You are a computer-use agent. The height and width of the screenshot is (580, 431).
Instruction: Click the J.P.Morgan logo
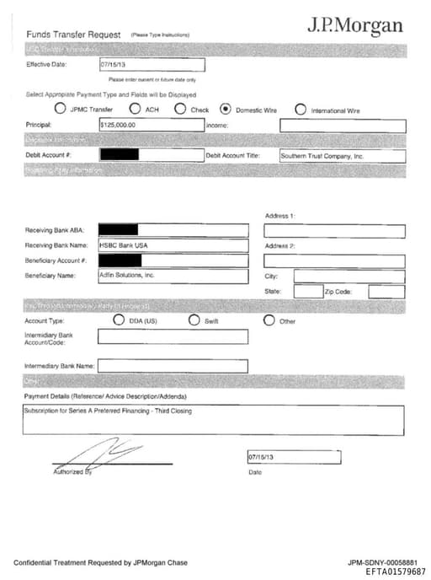[354, 26]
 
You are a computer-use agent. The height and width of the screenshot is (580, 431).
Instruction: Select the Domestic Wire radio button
[226, 109]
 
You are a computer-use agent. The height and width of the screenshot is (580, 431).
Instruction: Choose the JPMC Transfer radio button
[60, 109]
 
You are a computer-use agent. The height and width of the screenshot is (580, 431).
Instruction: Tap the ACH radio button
[135, 109]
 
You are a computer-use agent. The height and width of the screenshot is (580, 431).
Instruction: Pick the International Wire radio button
[301, 109]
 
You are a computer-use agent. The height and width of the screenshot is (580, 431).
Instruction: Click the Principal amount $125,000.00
[118, 125]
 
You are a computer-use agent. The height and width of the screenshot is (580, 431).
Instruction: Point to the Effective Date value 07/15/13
[113, 64]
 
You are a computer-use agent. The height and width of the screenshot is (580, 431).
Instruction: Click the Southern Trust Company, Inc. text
[322, 156]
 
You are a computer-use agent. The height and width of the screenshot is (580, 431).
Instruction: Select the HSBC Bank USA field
[124, 245]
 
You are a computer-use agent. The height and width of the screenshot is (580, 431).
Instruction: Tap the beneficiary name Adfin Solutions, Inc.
[128, 275]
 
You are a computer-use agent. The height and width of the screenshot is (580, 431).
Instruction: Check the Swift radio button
[194, 320]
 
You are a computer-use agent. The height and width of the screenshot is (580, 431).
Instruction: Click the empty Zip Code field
[386, 291]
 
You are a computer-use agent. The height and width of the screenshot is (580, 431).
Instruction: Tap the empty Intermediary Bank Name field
[173, 366]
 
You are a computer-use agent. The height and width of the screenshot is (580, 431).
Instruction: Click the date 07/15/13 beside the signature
[262, 457]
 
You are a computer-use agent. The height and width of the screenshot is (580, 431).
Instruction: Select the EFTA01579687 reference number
[396, 571]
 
